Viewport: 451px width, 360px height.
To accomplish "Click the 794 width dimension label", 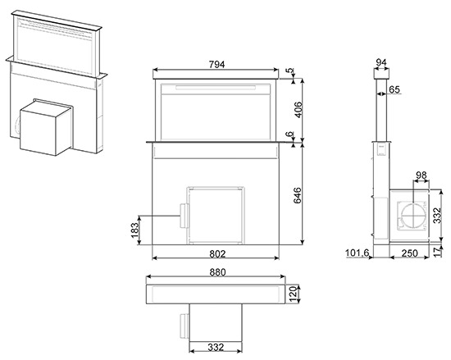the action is [216, 65].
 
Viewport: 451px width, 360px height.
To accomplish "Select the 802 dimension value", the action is [217, 254].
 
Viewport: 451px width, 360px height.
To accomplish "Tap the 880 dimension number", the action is [217, 272].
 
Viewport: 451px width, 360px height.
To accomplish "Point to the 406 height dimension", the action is [298, 110].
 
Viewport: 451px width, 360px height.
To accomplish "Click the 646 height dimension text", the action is [298, 195].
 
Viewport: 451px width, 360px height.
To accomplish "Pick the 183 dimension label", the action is [134, 230].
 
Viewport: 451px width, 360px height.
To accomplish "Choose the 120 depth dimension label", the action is [293, 294].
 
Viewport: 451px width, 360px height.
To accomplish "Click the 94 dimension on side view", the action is [381, 62].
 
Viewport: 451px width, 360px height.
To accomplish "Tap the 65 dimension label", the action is [394, 89].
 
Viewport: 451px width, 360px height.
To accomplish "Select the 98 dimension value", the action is [421, 175].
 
